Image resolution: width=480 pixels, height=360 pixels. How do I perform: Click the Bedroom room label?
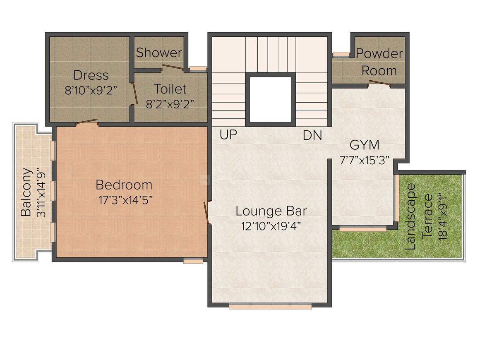click(x=124, y=185)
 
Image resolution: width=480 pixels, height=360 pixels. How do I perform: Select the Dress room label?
click(x=91, y=75)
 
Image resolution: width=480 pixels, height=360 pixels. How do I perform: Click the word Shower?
click(x=159, y=53)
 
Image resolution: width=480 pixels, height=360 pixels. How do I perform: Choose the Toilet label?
click(x=170, y=89)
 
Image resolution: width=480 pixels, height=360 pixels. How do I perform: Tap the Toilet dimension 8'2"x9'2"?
click(x=170, y=103)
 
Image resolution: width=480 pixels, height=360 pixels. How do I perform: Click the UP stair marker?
click(x=228, y=135)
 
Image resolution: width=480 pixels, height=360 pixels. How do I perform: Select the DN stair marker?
click(x=312, y=135)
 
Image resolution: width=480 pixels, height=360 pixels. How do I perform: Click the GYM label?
click(x=365, y=145)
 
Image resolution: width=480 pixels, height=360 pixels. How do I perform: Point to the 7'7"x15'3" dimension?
click(x=365, y=161)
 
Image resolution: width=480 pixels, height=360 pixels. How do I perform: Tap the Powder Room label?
click(x=379, y=62)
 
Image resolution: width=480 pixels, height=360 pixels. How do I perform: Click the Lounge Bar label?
click(x=271, y=211)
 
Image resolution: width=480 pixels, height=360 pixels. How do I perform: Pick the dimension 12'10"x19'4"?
click(x=271, y=226)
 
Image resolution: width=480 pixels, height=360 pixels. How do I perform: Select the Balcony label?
click(x=26, y=192)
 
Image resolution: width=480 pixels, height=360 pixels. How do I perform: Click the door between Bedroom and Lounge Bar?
click(x=206, y=213)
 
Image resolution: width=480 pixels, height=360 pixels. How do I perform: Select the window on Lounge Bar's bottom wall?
click(x=270, y=307)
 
